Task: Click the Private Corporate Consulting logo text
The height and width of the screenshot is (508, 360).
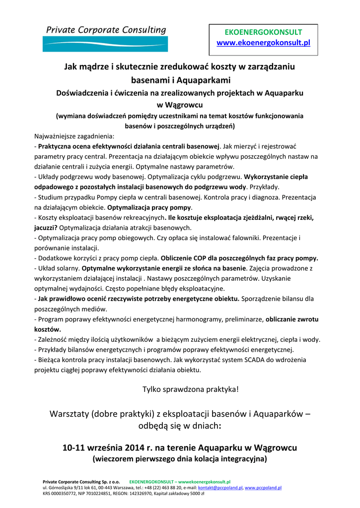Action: tap(106, 30)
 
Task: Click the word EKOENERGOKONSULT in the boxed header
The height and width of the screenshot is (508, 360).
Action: tap(263, 32)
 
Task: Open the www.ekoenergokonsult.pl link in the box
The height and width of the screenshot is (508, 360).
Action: tap(263, 43)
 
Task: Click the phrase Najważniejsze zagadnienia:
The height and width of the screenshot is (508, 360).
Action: tap(74, 135)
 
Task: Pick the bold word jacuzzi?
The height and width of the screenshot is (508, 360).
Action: tap(46, 228)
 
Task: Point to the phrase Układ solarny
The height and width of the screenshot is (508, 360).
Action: tap(59, 268)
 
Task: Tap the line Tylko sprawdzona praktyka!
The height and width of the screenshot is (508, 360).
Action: tap(191, 389)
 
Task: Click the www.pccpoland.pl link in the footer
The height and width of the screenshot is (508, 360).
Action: tap(263, 488)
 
